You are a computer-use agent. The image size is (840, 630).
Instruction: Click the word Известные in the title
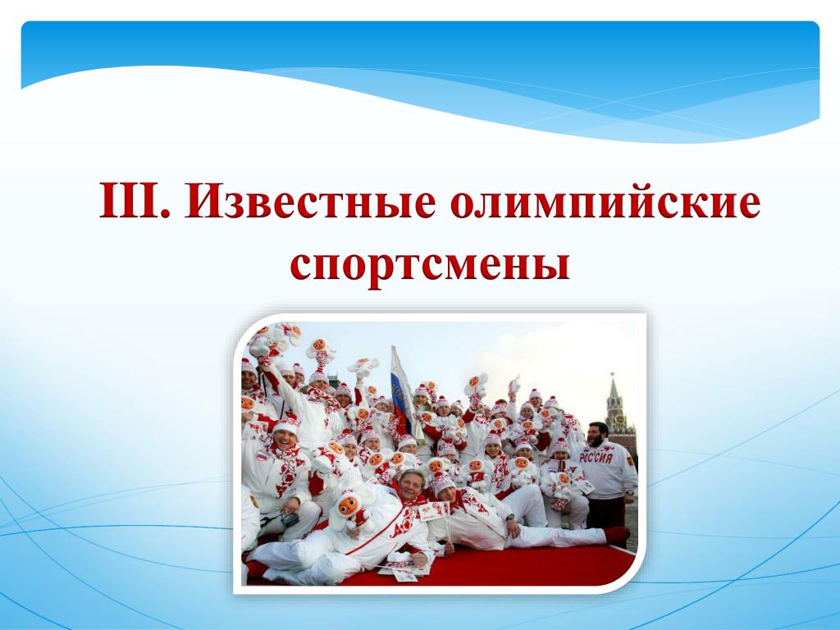(310, 200)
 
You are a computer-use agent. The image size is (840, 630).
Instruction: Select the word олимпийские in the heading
(605, 200)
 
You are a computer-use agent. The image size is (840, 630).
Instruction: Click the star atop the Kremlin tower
(612, 375)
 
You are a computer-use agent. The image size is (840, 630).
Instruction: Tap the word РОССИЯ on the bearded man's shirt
(596, 458)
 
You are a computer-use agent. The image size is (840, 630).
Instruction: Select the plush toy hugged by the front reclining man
(347, 509)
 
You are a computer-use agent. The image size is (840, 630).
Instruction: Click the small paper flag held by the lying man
(433, 512)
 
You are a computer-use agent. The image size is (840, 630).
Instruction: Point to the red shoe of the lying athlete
(617, 534)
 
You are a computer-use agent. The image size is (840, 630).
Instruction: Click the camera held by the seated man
(290, 518)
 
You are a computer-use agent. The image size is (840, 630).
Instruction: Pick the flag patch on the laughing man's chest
(261, 456)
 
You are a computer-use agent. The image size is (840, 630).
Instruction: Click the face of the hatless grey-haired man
(410, 486)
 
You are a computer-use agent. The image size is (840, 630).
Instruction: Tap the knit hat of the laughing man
(285, 426)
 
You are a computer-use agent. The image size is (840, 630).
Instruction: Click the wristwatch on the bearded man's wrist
(628, 492)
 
